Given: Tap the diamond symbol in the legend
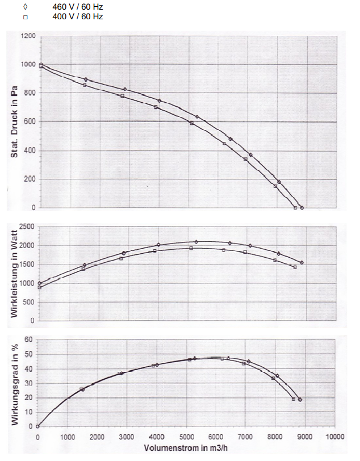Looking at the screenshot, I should (x=26, y=7).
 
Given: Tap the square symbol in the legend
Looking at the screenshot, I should (x=26, y=17).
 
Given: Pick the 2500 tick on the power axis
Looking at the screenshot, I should (x=26, y=227).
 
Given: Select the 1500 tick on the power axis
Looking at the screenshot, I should (x=26, y=265).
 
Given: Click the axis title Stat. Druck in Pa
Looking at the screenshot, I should (x=12, y=122).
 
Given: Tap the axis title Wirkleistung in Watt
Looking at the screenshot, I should (x=12, y=274).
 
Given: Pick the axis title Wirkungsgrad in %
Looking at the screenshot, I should (x=12, y=383).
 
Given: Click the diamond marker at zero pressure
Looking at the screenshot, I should (x=302, y=208).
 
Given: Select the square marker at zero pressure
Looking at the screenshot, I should (x=295, y=208).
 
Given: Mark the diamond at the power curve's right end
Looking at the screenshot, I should (x=302, y=263).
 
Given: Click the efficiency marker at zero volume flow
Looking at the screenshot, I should (x=37, y=426).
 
